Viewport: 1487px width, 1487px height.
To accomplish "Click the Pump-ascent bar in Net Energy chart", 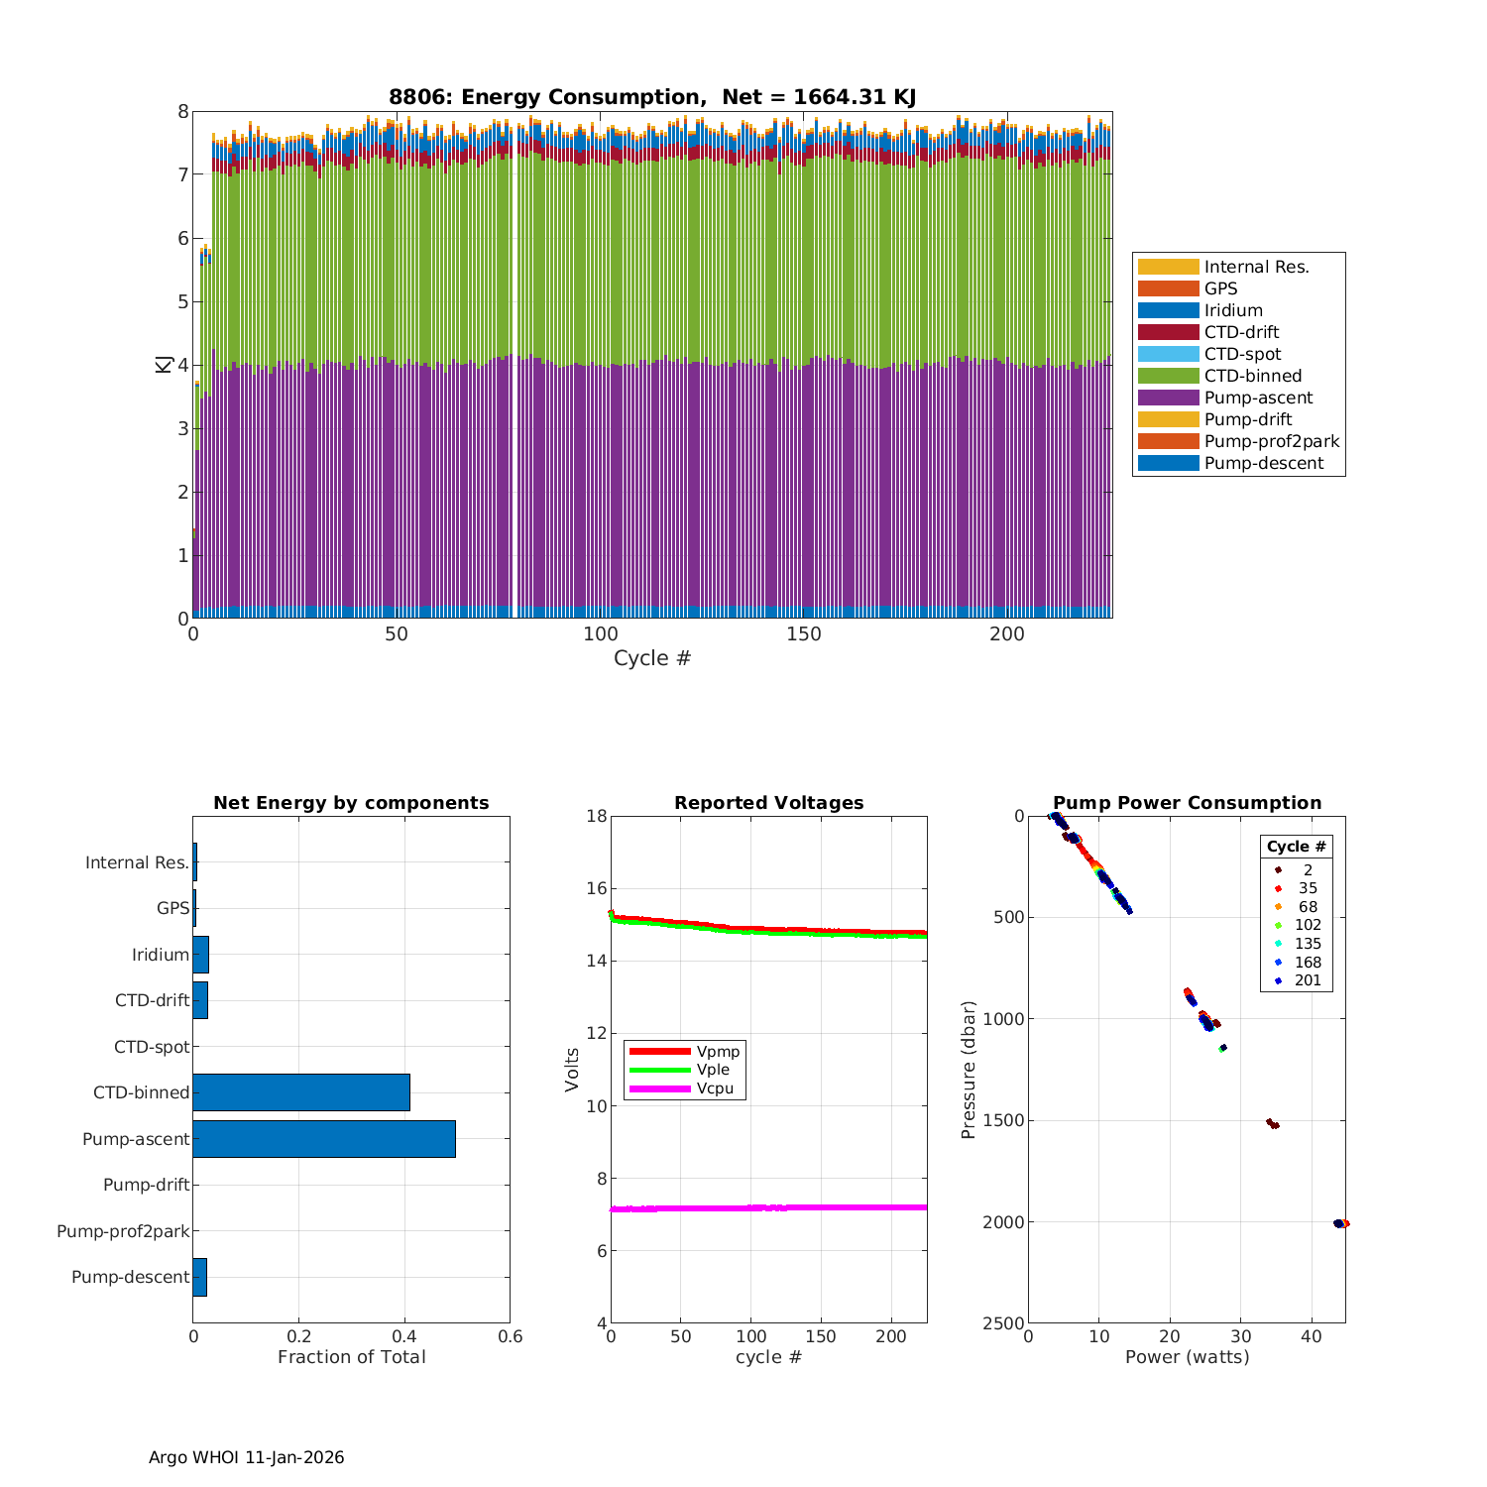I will pos(324,1139).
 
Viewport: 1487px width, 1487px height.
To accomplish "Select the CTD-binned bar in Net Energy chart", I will pos(301,1092).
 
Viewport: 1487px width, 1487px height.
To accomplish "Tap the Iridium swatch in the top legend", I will pos(1168,310).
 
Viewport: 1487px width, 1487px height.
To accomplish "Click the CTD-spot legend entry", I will pos(1242,354).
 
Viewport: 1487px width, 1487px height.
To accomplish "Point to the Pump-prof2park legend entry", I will pos(1271,441).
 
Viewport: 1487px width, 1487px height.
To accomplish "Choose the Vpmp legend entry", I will pos(718,1051).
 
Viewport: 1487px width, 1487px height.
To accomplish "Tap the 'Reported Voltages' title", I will pos(768,803).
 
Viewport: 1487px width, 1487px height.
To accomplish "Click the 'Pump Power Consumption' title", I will pos(1187,803).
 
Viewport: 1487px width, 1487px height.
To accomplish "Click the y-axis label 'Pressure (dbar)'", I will pos(969,1070).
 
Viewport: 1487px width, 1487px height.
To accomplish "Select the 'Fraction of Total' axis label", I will pos(351,1357).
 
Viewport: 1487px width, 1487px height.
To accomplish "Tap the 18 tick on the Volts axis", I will pos(596,816).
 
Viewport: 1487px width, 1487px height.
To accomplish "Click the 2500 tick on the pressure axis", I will pos(1004,1323).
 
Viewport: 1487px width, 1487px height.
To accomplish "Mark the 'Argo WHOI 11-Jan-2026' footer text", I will pos(246,1457).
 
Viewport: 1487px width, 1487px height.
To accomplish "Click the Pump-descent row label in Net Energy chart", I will pos(130,1277).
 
